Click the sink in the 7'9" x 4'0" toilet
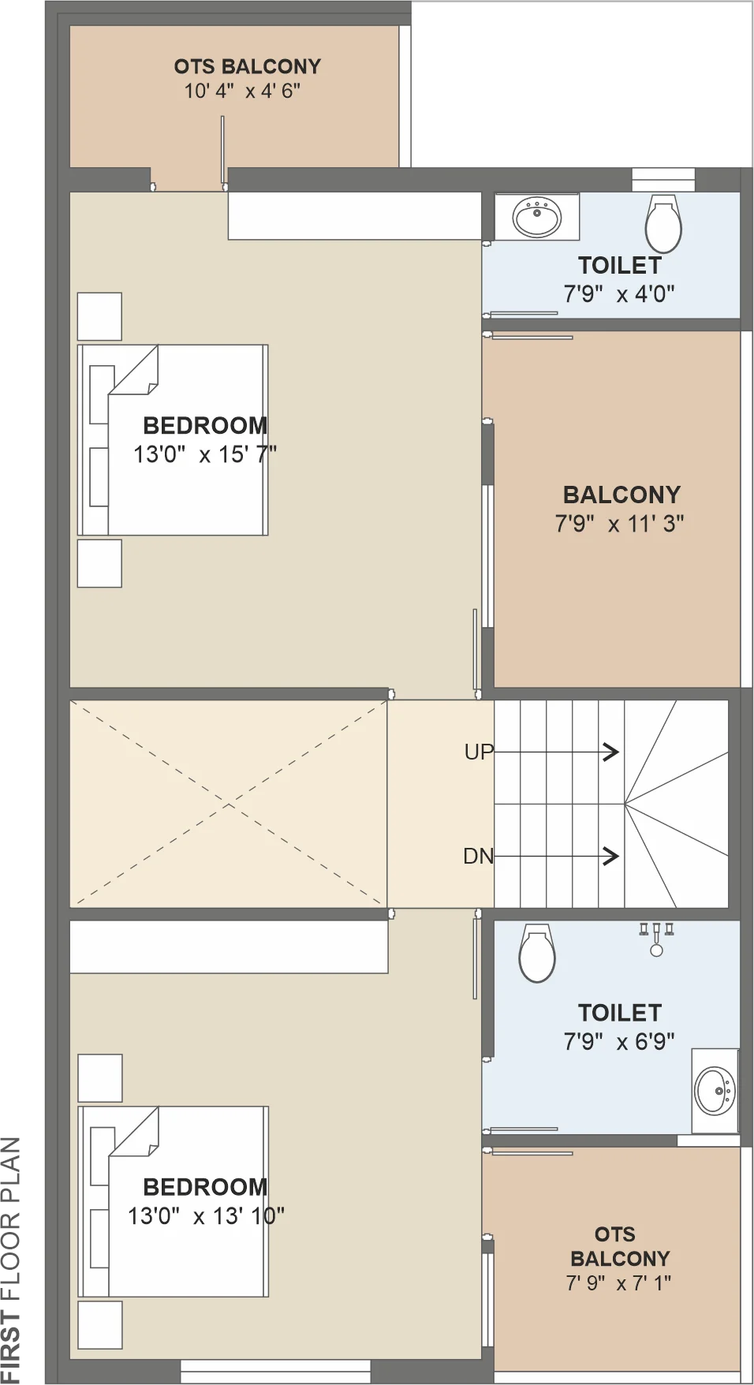(537, 217)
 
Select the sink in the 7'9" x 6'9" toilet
(715, 1090)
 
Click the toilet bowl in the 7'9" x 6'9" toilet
(537, 953)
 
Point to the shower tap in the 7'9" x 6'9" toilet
(656, 939)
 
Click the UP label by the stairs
(479, 752)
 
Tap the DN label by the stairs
(478, 856)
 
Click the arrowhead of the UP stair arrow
(612, 752)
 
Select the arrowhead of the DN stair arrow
(612, 856)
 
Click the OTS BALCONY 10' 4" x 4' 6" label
(247, 78)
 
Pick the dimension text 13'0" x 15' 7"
(205, 454)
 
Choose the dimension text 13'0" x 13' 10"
(206, 1215)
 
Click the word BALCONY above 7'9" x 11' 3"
(621, 495)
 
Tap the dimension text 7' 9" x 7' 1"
(618, 1283)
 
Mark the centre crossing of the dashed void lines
(229, 804)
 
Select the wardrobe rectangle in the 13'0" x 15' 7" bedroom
(355, 215)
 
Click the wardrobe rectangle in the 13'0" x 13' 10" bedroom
(229, 946)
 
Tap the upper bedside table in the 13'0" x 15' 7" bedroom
(99, 316)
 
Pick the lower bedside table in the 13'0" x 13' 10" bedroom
(100, 1325)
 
